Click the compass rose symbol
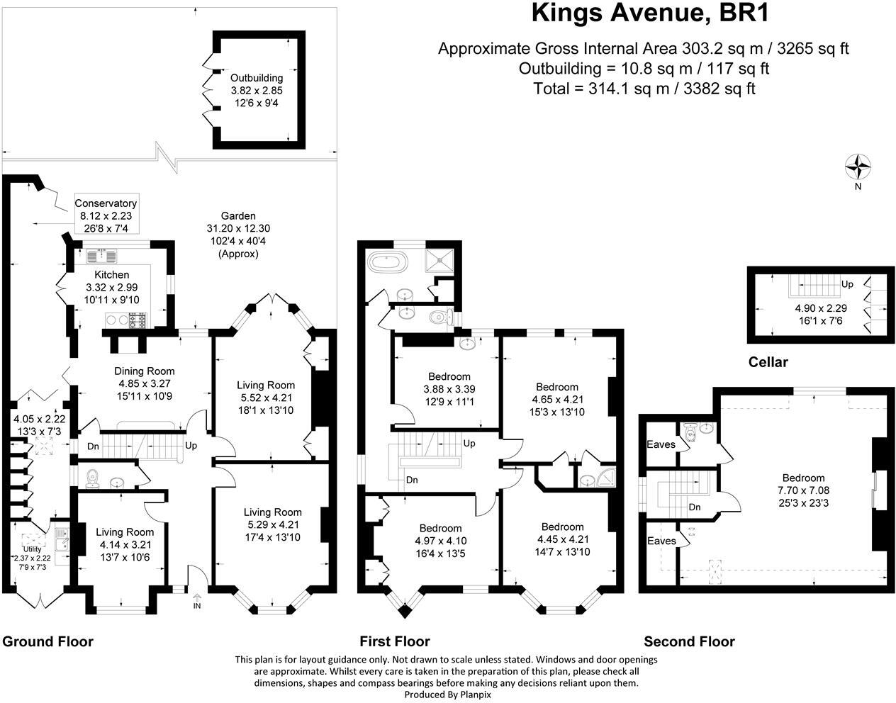858,167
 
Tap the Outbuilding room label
257,78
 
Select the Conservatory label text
106,203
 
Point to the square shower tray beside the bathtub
439,260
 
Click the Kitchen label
112,275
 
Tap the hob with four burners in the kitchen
138,320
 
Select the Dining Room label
145,371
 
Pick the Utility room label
32,549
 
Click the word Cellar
768,362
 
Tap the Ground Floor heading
47,641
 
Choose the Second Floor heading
690,641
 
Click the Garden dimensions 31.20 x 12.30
238,228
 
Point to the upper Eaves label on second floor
661,444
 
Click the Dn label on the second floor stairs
695,507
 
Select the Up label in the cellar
847,284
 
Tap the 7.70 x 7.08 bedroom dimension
804,490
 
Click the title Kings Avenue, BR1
650,13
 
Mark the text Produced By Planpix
448,694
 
